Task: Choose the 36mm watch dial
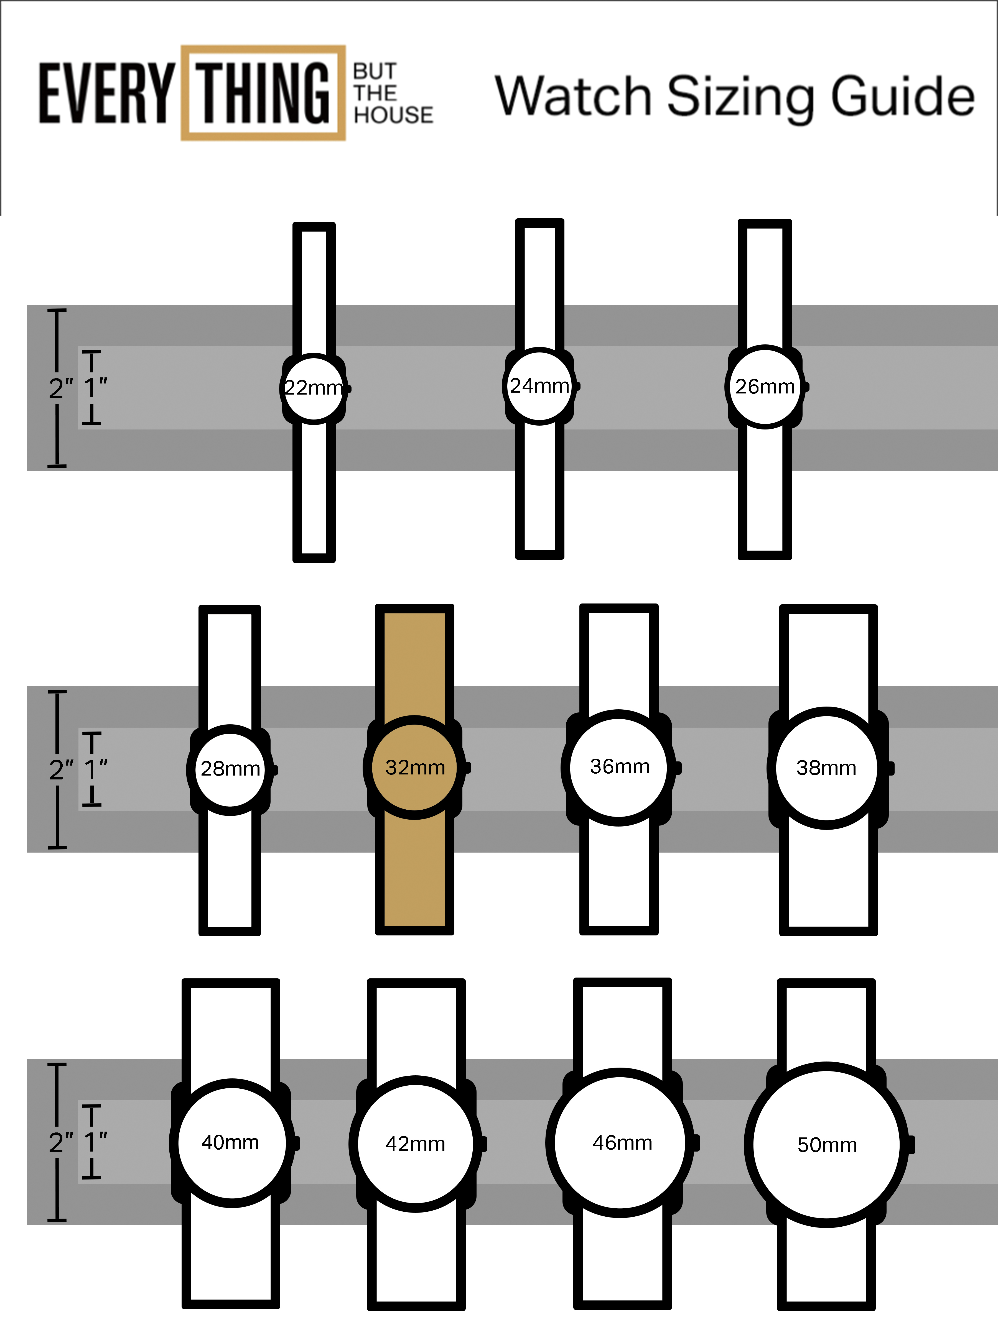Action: pyautogui.click(x=619, y=767)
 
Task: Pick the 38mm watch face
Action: pyautogui.click(x=827, y=768)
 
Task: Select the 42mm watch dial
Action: pyautogui.click(x=415, y=1144)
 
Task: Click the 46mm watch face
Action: pyautogui.click(x=621, y=1142)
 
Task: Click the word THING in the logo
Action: pyautogui.click(x=263, y=93)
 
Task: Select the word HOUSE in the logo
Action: pyautogui.click(x=393, y=115)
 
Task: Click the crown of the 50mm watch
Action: pyautogui.click(x=911, y=1145)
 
